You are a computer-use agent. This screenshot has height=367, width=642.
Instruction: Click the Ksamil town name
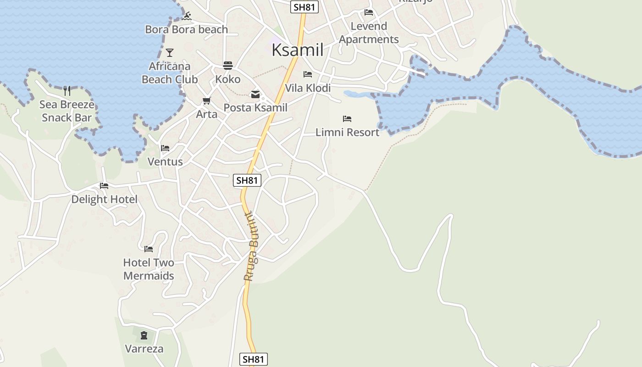tap(297, 50)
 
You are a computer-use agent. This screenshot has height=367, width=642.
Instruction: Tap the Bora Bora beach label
tap(186, 29)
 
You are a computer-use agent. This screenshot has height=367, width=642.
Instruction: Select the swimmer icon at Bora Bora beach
tap(186, 17)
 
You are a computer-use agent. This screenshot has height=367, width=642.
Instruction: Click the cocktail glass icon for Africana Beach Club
tap(170, 52)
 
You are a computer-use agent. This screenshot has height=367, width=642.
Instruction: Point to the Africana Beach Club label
tap(170, 73)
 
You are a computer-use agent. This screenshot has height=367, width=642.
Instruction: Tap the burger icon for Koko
tap(228, 65)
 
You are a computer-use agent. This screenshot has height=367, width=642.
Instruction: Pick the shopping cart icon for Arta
tap(207, 100)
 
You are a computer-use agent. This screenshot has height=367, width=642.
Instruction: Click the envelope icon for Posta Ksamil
tap(255, 95)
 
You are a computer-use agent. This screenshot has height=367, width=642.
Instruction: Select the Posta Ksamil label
tap(255, 108)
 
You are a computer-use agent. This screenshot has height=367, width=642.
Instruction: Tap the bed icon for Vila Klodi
tap(308, 74)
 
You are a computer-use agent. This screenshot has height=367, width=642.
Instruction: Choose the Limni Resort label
tap(347, 133)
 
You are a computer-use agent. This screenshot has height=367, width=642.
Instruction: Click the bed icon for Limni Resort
tap(347, 119)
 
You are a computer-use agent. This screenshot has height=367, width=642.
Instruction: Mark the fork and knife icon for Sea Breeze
tap(67, 90)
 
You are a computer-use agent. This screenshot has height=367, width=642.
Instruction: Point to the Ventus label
tap(165, 162)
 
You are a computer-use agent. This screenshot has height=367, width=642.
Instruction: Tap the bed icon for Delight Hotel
tap(104, 186)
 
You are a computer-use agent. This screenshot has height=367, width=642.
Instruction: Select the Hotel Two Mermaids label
tap(149, 269)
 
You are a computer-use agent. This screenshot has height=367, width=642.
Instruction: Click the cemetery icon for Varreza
tap(144, 335)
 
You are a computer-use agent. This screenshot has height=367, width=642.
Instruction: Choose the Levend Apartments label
tap(369, 33)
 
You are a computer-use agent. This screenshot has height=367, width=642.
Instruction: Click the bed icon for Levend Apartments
tap(369, 12)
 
